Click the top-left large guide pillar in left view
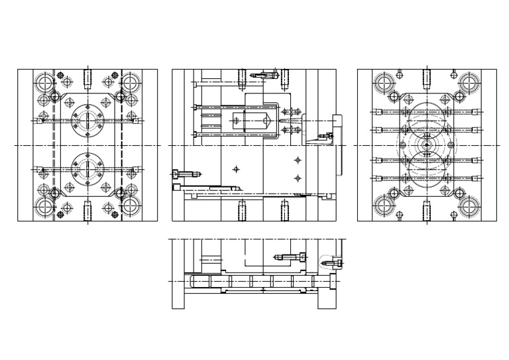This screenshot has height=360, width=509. pyautogui.click(x=45, y=83)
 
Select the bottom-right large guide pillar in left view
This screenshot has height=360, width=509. pyautogui.click(x=130, y=206)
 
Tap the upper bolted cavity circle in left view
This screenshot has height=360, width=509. pyautogui.click(x=87, y=119)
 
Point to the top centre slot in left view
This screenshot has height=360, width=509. pyautogui.click(x=87, y=78)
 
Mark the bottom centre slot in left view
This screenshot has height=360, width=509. pyautogui.click(x=87, y=211)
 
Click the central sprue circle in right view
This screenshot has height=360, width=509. pyautogui.click(x=427, y=145)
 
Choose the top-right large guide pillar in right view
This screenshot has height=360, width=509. pyautogui.click(x=469, y=83)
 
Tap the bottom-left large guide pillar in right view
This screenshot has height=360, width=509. pyautogui.click(x=384, y=206)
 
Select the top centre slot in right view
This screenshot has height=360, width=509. pyautogui.click(x=427, y=78)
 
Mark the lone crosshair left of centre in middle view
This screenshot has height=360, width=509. pyautogui.click(x=236, y=169)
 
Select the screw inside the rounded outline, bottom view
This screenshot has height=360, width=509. pyautogui.click(x=331, y=263)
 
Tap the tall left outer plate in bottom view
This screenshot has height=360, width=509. pyautogui.click(x=178, y=274)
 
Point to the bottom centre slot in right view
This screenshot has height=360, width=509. pyautogui.click(x=427, y=211)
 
